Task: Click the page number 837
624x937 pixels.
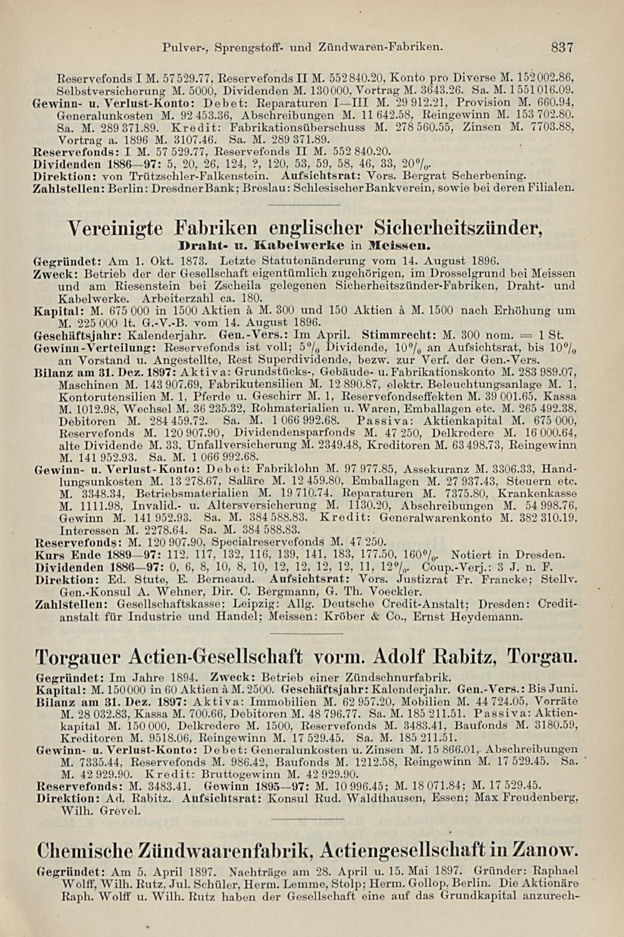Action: click(562, 46)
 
